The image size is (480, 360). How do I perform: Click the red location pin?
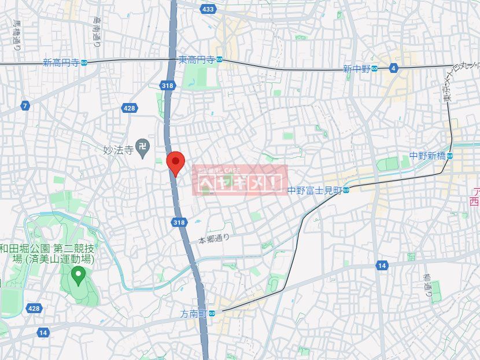point(175,161)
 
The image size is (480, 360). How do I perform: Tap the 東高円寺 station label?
point(197,60)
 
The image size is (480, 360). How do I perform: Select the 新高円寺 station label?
point(61,63)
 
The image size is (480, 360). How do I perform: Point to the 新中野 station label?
point(356,68)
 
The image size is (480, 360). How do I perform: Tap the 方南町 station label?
point(193,313)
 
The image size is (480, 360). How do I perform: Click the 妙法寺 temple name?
point(117,149)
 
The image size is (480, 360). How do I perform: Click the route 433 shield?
point(208,9)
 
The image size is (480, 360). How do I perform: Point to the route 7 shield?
point(25,106)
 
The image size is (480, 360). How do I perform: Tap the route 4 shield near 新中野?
point(394,68)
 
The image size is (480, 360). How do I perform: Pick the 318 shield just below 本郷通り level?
point(179,222)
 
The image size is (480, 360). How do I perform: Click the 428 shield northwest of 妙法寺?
point(130,108)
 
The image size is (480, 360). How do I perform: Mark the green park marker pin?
point(77,274)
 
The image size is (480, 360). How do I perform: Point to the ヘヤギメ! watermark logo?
point(239,180)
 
